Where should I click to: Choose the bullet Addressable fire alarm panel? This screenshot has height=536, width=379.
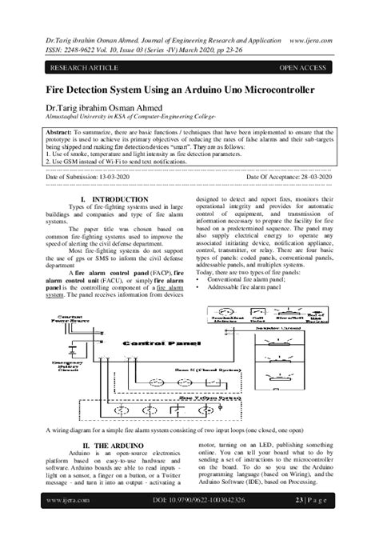[243, 286]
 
